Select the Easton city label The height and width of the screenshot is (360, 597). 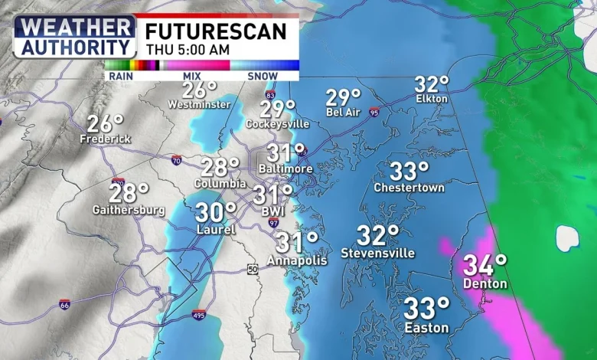click(x=427, y=328)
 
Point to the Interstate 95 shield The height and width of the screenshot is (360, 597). click(x=374, y=112)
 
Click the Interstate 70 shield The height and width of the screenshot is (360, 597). click(x=176, y=160)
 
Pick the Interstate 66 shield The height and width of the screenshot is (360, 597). click(x=65, y=304)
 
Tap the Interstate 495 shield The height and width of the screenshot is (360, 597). click(x=199, y=314)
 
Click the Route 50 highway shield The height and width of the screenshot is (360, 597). click(x=253, y=269)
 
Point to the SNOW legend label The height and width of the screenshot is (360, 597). click(x=263, y=76)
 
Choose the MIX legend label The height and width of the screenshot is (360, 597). click(x=192, y=76)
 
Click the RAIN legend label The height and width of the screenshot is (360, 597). click(x=120, y=76)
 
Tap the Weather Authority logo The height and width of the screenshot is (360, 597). click(x=74, y=35)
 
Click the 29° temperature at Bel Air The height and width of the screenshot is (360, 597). click(x=343, y=98)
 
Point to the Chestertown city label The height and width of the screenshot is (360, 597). click(x=409, y=188)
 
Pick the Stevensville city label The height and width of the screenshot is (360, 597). click(x=378, y=253)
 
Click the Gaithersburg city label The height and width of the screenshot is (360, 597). click(x=129, y=209)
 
